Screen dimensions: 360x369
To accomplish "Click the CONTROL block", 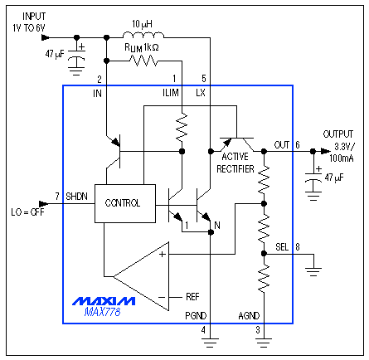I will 123,202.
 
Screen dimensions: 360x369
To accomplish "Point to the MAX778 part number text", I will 101,312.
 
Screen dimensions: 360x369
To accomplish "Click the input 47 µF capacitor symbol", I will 77,61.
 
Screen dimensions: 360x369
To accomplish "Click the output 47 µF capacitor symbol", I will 313,182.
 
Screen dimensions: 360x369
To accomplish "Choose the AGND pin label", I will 250,316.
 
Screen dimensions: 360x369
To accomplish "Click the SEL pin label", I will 283,246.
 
